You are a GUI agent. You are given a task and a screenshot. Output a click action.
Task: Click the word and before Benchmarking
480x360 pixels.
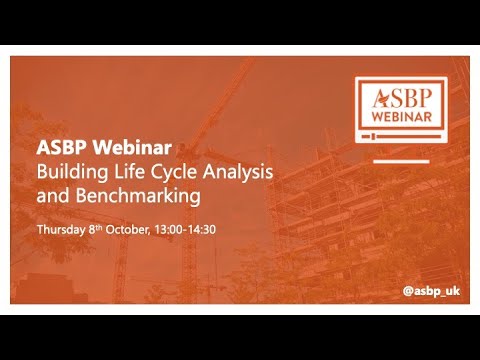tap(50, 193)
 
